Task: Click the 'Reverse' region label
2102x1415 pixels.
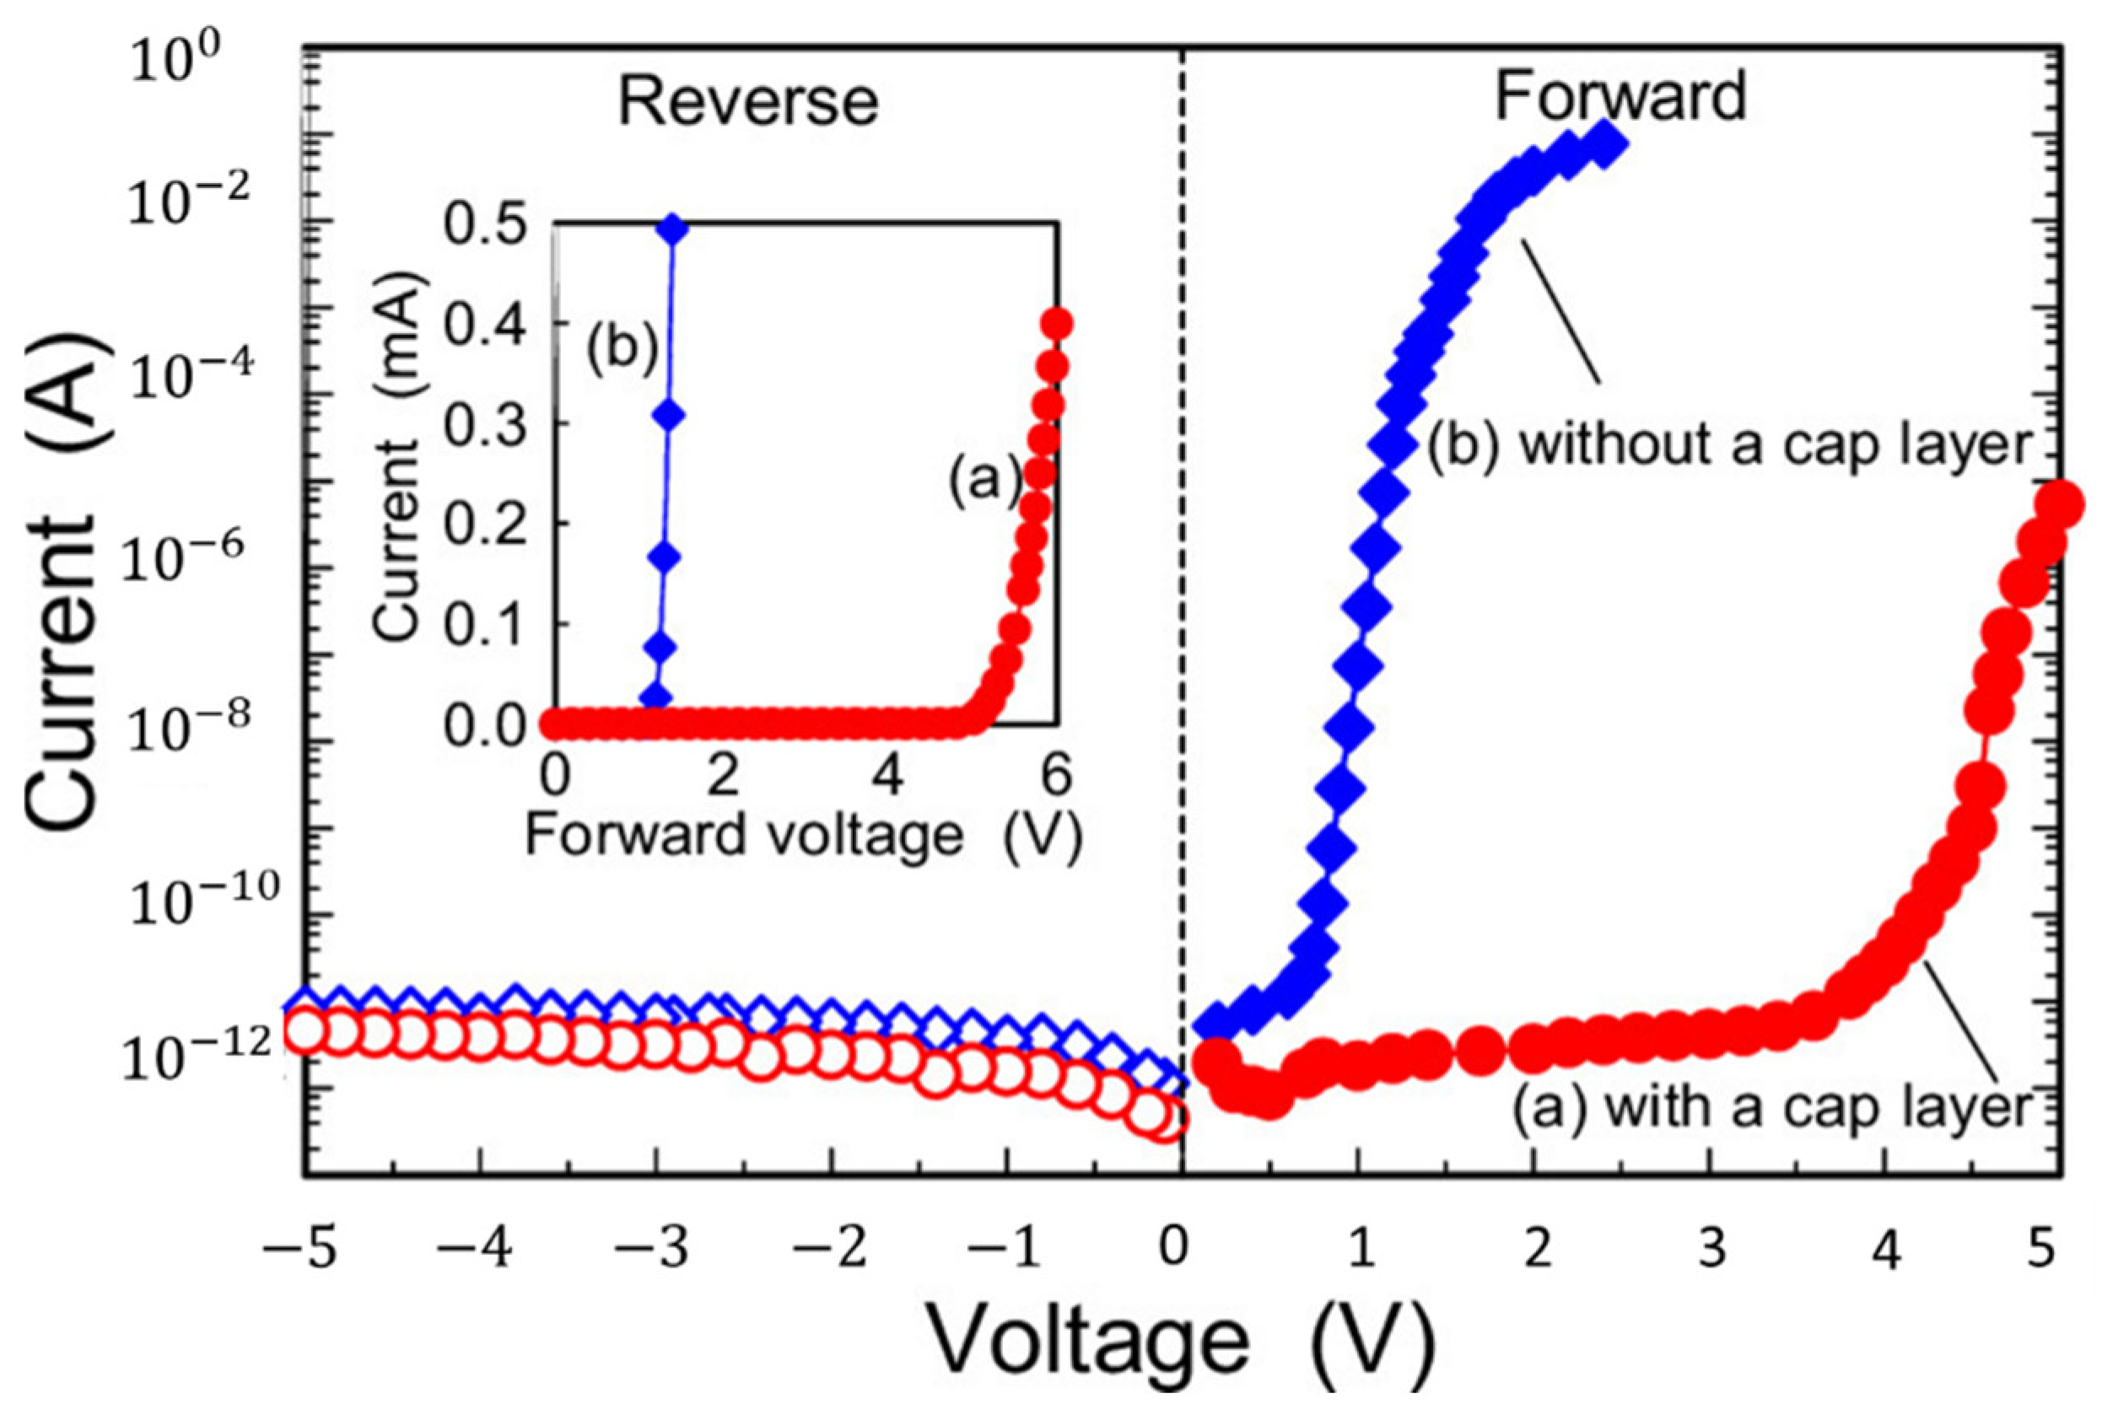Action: click(x=748, y=102)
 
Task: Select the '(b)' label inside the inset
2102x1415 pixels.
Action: click(x=621, y=348)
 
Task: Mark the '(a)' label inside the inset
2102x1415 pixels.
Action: click(x=983, y=478)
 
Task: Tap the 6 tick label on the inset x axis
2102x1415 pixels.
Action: click(x=1055, y=777)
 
